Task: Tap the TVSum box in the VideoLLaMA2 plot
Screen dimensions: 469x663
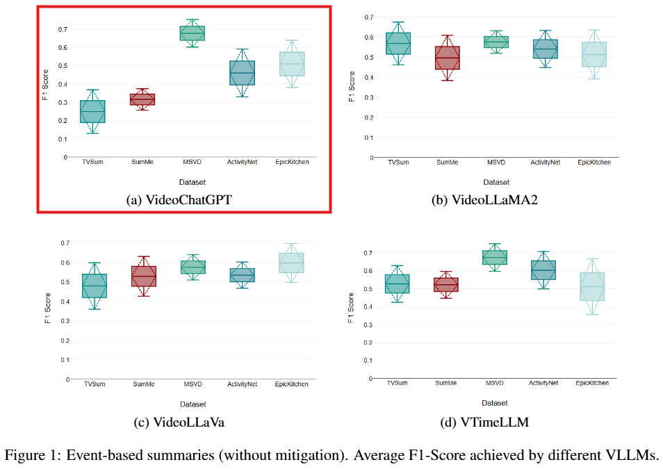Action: [398, 43]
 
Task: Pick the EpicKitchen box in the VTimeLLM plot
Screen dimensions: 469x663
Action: [593, 286]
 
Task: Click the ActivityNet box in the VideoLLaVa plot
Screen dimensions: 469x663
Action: [242, 275]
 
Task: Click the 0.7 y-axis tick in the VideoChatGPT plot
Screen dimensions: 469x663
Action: [63, 30]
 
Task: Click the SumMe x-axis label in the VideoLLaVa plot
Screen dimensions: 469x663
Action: [144, 384]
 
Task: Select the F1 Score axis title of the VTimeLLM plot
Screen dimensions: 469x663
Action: [351, 306]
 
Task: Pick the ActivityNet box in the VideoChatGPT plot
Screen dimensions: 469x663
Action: [241, 73]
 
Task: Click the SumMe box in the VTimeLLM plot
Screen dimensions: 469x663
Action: [446, 284]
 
